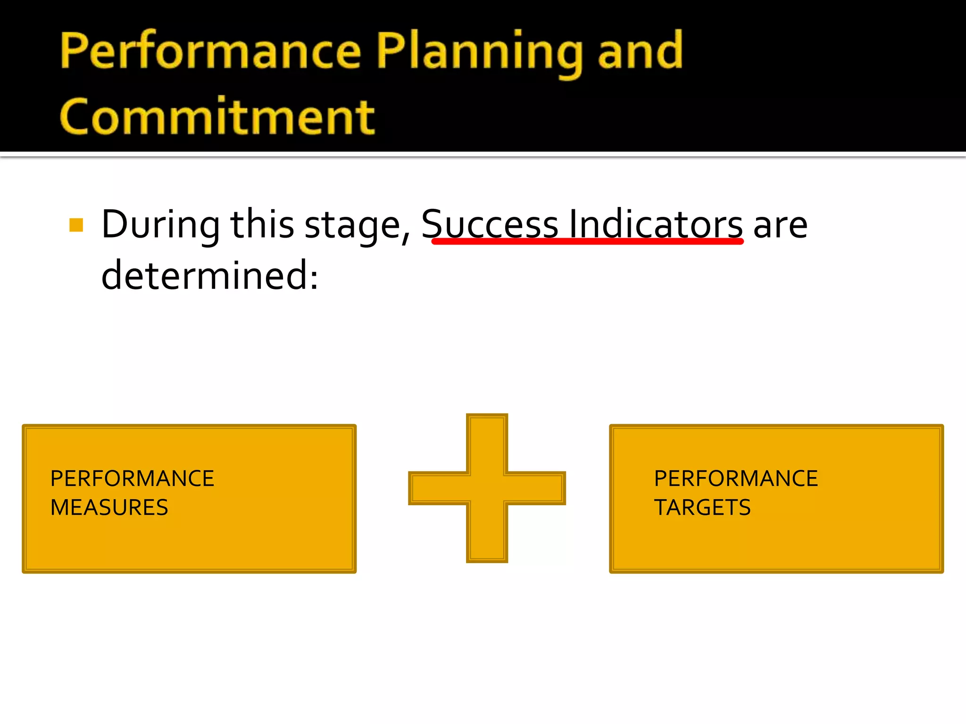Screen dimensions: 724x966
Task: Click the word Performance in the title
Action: (x=210, y=51)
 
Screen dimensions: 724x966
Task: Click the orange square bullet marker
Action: (x=76, y=225)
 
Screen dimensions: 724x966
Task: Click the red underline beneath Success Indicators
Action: (x=587, y=242)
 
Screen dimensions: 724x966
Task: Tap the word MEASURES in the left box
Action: (x=109, y=508)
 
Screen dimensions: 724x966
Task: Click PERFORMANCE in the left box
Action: (x=132, y=478)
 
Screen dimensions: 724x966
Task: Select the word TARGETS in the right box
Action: (x=702, y=508)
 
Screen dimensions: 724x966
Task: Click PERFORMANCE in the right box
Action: (x=735, y=478)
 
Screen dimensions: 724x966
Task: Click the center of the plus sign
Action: (x=487, y=488)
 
